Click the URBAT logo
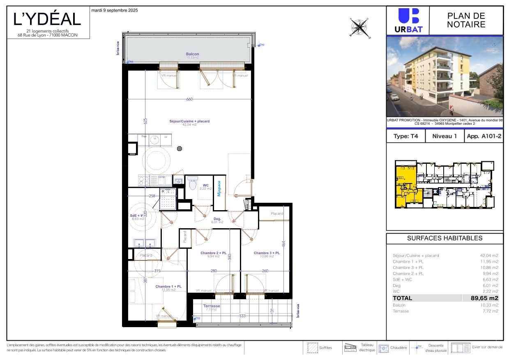(408, 21)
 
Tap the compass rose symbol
(359, 28)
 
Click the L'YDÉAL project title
(47, 19)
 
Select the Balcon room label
(192, 54)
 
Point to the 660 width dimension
(189, 99)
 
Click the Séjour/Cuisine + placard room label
(189, 122)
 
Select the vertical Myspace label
(219, 188)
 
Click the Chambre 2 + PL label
(213, 253)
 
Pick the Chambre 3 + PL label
(267, 253)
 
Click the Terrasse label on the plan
(212, 306)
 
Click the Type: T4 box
(405, 136)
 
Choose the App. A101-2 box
(483, 136)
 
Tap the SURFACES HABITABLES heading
(445, 238)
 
